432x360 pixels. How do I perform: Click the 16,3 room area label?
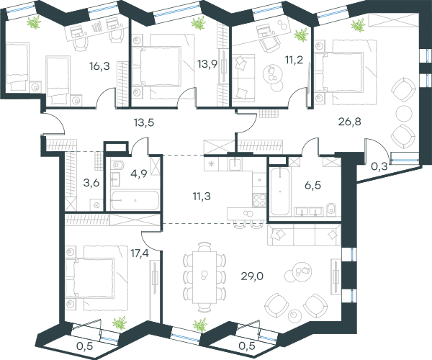pos(99,66)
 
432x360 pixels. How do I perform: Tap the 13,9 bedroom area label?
pos(207,64)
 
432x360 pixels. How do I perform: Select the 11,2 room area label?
pos(294,60)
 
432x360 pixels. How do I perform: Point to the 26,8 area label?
pos(349,122)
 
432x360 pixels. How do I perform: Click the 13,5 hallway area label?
pos(144,123)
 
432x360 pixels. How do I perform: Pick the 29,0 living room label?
pos(252,276)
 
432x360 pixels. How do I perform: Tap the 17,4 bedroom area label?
pos(140,253)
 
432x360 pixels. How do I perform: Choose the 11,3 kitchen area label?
pos(202,197)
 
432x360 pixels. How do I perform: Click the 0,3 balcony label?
pos(379,166)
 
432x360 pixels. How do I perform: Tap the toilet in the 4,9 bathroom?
pos(118,165)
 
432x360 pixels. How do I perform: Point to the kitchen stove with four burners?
pos(259,200)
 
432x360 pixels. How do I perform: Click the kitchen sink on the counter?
pos(235,164)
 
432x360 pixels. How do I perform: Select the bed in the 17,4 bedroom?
pos(94,278)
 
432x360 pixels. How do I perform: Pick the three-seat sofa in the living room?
pos(304,235)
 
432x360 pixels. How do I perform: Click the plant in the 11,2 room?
pos(301,35)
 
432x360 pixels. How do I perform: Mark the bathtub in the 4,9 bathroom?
pos(135,200)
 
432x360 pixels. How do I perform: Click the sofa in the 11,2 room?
pos(243,76)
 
